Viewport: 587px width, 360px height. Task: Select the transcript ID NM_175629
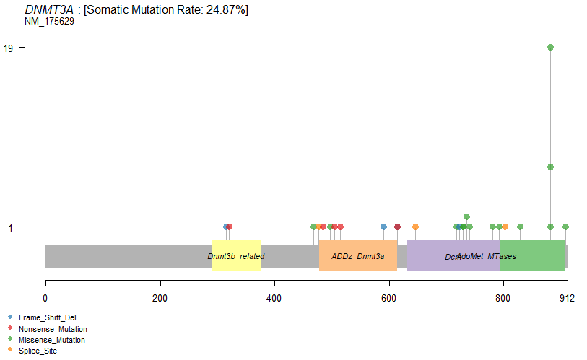pyautogui.click(x=49, y=21)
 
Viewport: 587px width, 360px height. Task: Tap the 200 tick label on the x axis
pyautogui.click(x=160, y=298)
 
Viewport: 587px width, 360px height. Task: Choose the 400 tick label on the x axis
pyautogui.click(x=274, y=298)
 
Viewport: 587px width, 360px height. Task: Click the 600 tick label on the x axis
pyautogui.click(x=388, y=298)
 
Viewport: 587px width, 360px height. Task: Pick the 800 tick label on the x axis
pyautogui.click(x=503, y=298)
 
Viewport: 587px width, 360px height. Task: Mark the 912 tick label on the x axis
pyautogui.click(x=567, y=298)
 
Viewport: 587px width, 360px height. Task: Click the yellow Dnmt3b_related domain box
pyautogui.click(x=235, y=255)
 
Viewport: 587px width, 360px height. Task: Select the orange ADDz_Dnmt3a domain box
pyautogui.click(x=357, y=255)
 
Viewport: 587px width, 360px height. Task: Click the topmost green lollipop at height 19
pyautogui.click(x=550, y=48)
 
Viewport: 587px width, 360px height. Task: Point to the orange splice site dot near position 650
pyautogui.click(x=415, y=227)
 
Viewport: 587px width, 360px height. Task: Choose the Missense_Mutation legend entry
pyautogui.click(x=51, y=339)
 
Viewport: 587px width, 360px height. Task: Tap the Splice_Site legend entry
pyautogui.click(x=38, y=351)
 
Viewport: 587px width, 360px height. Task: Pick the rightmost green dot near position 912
pyautogui.click(x=565, y=227)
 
